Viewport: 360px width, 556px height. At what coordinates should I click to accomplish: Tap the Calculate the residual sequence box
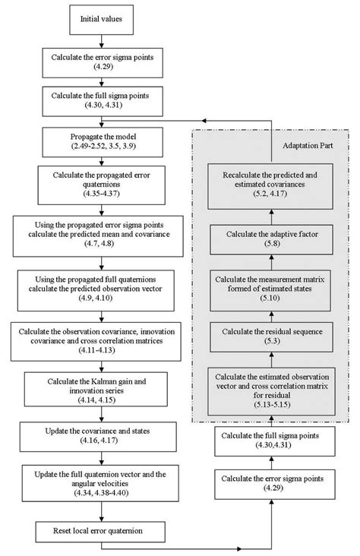coord(272,336)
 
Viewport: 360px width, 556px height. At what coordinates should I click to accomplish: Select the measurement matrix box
coord(272,286)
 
